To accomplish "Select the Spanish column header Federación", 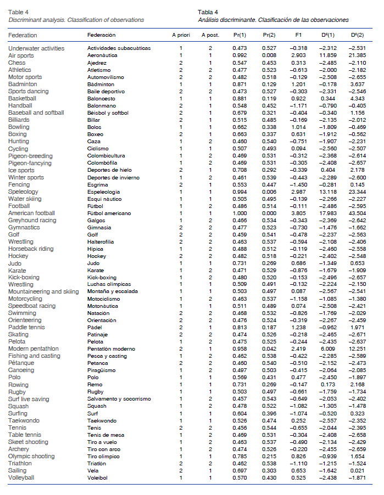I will pyautogui.click(x=102, y=35).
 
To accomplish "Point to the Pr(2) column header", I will pyautogui.click(x=269, y=35).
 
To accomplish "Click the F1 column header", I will pyautogui.click(x=298, y=35).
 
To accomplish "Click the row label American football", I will pyautogui.click(x=31, y=213).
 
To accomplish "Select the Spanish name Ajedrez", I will pyautogui.click(x=98, y=63).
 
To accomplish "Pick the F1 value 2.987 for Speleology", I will pyautogui.click(x=298, y=192).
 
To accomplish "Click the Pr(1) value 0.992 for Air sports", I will pyautogui.click(x=240, y=56).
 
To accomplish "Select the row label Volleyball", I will pyautogui.click(x=21, y=477).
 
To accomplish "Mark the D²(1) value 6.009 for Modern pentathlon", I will pyautogui.click(x=329, y=349).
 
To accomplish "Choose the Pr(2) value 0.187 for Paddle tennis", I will pyautogui.click(x=269, y=328).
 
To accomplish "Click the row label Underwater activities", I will pyautogui.click(x=36, y=49).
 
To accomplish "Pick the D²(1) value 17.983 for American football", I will pyautogui.click(x=327, y=213).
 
